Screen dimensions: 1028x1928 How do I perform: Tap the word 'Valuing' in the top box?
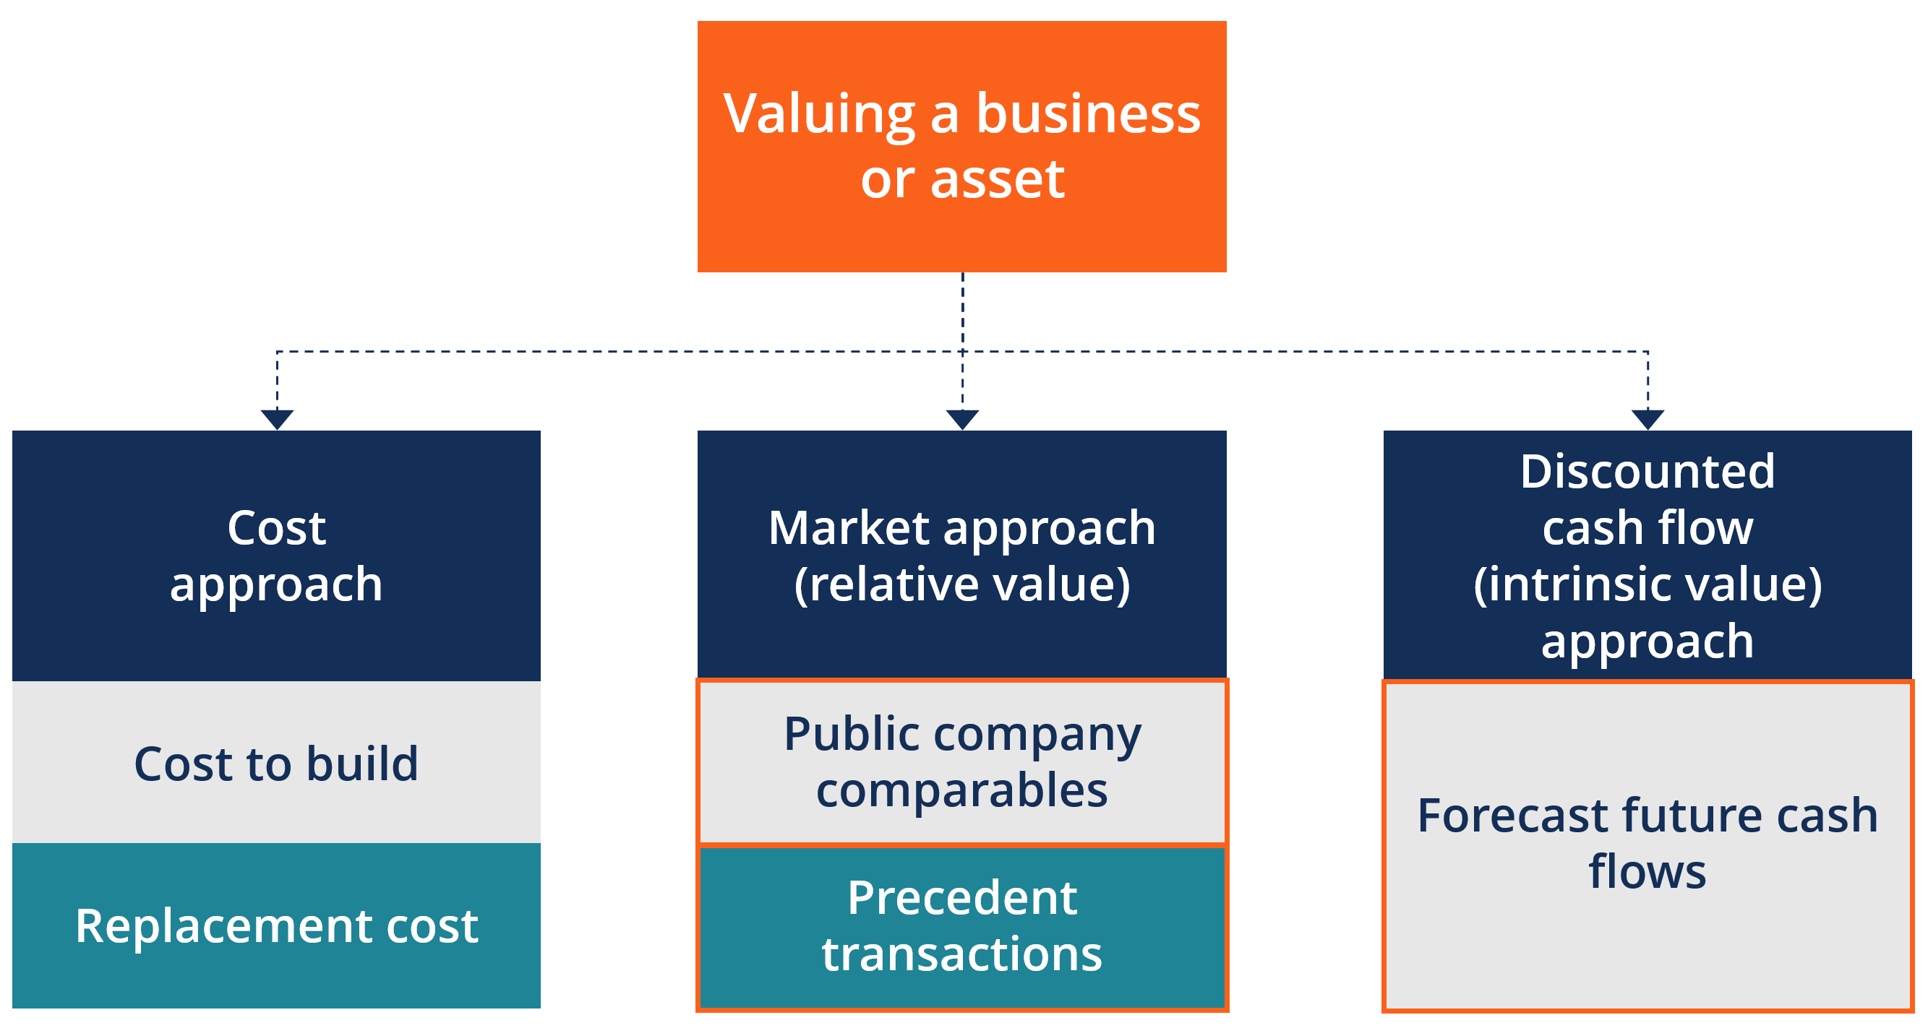[x=820, y=114]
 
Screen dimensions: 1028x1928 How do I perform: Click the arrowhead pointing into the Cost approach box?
[x=277, y=419]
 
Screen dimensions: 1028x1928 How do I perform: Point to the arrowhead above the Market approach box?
[x=962, y=419]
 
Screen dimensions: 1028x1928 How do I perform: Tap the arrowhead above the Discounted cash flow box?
[x=1648, y=419]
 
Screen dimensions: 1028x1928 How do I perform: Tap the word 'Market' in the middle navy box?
[x=849, y=528]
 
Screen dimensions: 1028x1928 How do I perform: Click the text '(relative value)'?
[x=961, y=584]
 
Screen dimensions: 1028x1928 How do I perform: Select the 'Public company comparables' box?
[x=961, y=761]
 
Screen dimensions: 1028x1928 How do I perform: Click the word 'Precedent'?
[x=961, y=897]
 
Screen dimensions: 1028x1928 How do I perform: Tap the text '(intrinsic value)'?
[x=1648, y=584]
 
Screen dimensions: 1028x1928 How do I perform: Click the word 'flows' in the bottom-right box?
[x=1648, y=872]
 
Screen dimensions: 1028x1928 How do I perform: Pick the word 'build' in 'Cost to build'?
[x=362, y=764]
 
